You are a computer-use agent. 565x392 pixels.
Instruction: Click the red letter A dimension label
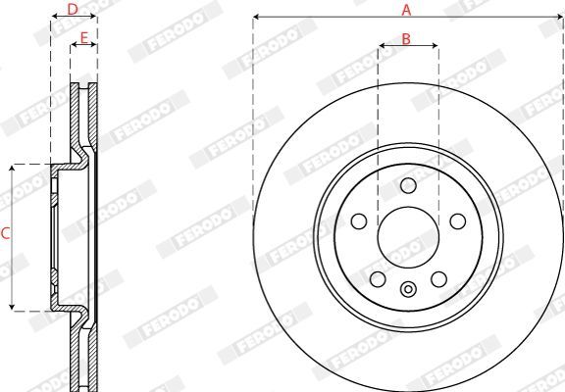click(406, 10)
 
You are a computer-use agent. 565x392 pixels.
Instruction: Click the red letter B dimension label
click(406, 39)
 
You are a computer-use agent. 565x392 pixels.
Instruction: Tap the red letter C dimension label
click(5, 233)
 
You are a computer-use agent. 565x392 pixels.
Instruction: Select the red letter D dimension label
click(73, 10)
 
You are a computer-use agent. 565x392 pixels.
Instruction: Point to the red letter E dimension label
click(84, 38)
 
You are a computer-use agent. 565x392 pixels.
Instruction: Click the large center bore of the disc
click(408, 237)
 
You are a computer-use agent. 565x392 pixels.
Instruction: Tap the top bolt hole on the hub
click(408, 185)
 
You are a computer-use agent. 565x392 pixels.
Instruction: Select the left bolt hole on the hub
click(359, 221)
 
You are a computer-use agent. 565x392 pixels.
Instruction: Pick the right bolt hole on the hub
click(458, 221)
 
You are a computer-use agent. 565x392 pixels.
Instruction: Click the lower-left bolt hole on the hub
click(378, 279)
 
